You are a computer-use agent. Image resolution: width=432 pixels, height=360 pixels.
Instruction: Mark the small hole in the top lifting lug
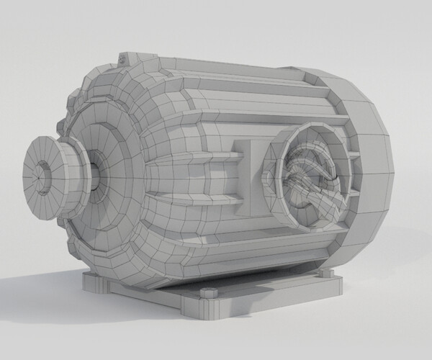pyautogui.click(x=125, y=55)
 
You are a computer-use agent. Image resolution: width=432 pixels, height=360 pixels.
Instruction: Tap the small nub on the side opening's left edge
pyautogui.click(x=270, y=173)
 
